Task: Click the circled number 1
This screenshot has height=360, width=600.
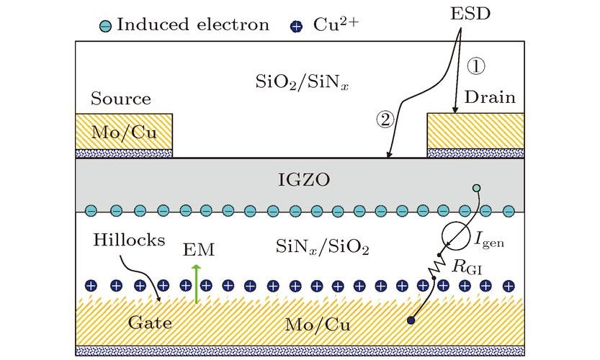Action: click(478, 66)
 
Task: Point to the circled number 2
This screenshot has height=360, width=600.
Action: click(386, 120)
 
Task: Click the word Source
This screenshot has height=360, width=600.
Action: click(121, 99)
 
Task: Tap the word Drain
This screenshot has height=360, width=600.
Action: click(491, 97)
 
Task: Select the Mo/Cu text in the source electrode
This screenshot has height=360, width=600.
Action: click(123, 132)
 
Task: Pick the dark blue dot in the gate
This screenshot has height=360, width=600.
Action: click(412, 320)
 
